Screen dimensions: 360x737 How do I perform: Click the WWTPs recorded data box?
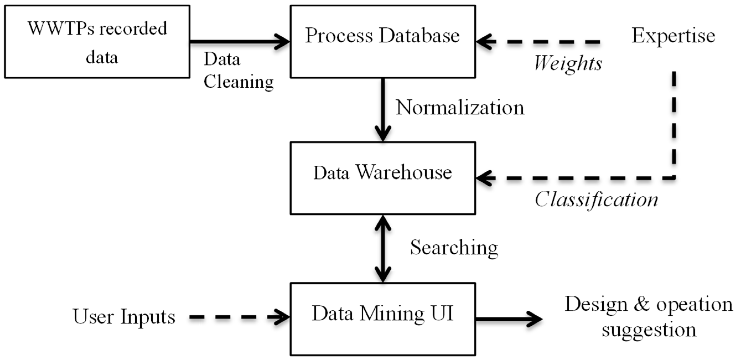(x=97, y=42)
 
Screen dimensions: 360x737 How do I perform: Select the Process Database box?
(x=383, y=42)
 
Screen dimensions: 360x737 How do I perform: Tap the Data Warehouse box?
(x=383, y=178)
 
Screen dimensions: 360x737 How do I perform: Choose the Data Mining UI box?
(x=383, y=319)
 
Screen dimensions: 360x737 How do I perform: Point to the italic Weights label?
(x=568, y=63)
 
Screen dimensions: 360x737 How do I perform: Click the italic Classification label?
(x=596, y=200)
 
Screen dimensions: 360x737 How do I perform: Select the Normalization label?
(x=460, y=108)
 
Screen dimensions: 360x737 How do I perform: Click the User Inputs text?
(x=124, y=317)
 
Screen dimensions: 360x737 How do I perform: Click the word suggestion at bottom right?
(x=648, y=330)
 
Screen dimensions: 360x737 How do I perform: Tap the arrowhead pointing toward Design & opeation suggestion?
(x=535, y=319)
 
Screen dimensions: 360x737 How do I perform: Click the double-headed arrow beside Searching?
(x=383, y=248)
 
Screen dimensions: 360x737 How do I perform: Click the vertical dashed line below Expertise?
(x=674, y=120)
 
